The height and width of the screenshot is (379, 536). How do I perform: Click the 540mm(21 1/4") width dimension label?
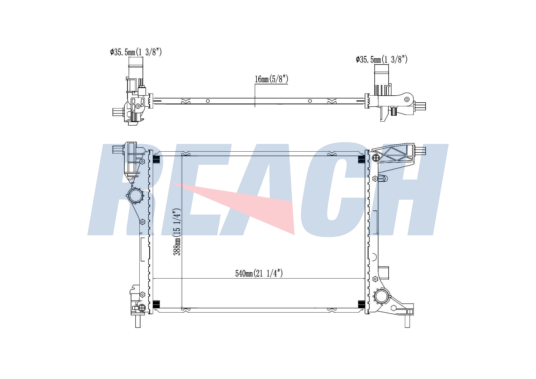click(259, 273)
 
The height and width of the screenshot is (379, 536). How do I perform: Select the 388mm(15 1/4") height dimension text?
click(177, 232)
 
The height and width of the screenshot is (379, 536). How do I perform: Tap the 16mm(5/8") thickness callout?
click(271, 79)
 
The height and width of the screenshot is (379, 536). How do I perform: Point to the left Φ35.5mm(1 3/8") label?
click(136, 52)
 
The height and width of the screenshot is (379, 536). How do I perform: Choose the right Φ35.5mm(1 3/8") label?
click(382, 59)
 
